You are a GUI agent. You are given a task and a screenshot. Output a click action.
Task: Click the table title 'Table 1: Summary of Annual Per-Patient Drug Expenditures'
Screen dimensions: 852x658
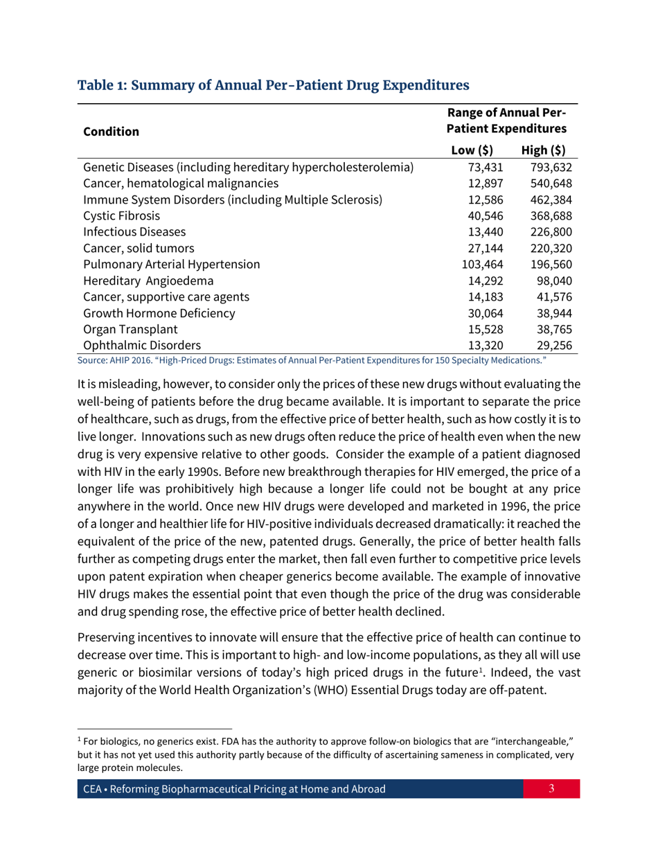274,86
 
